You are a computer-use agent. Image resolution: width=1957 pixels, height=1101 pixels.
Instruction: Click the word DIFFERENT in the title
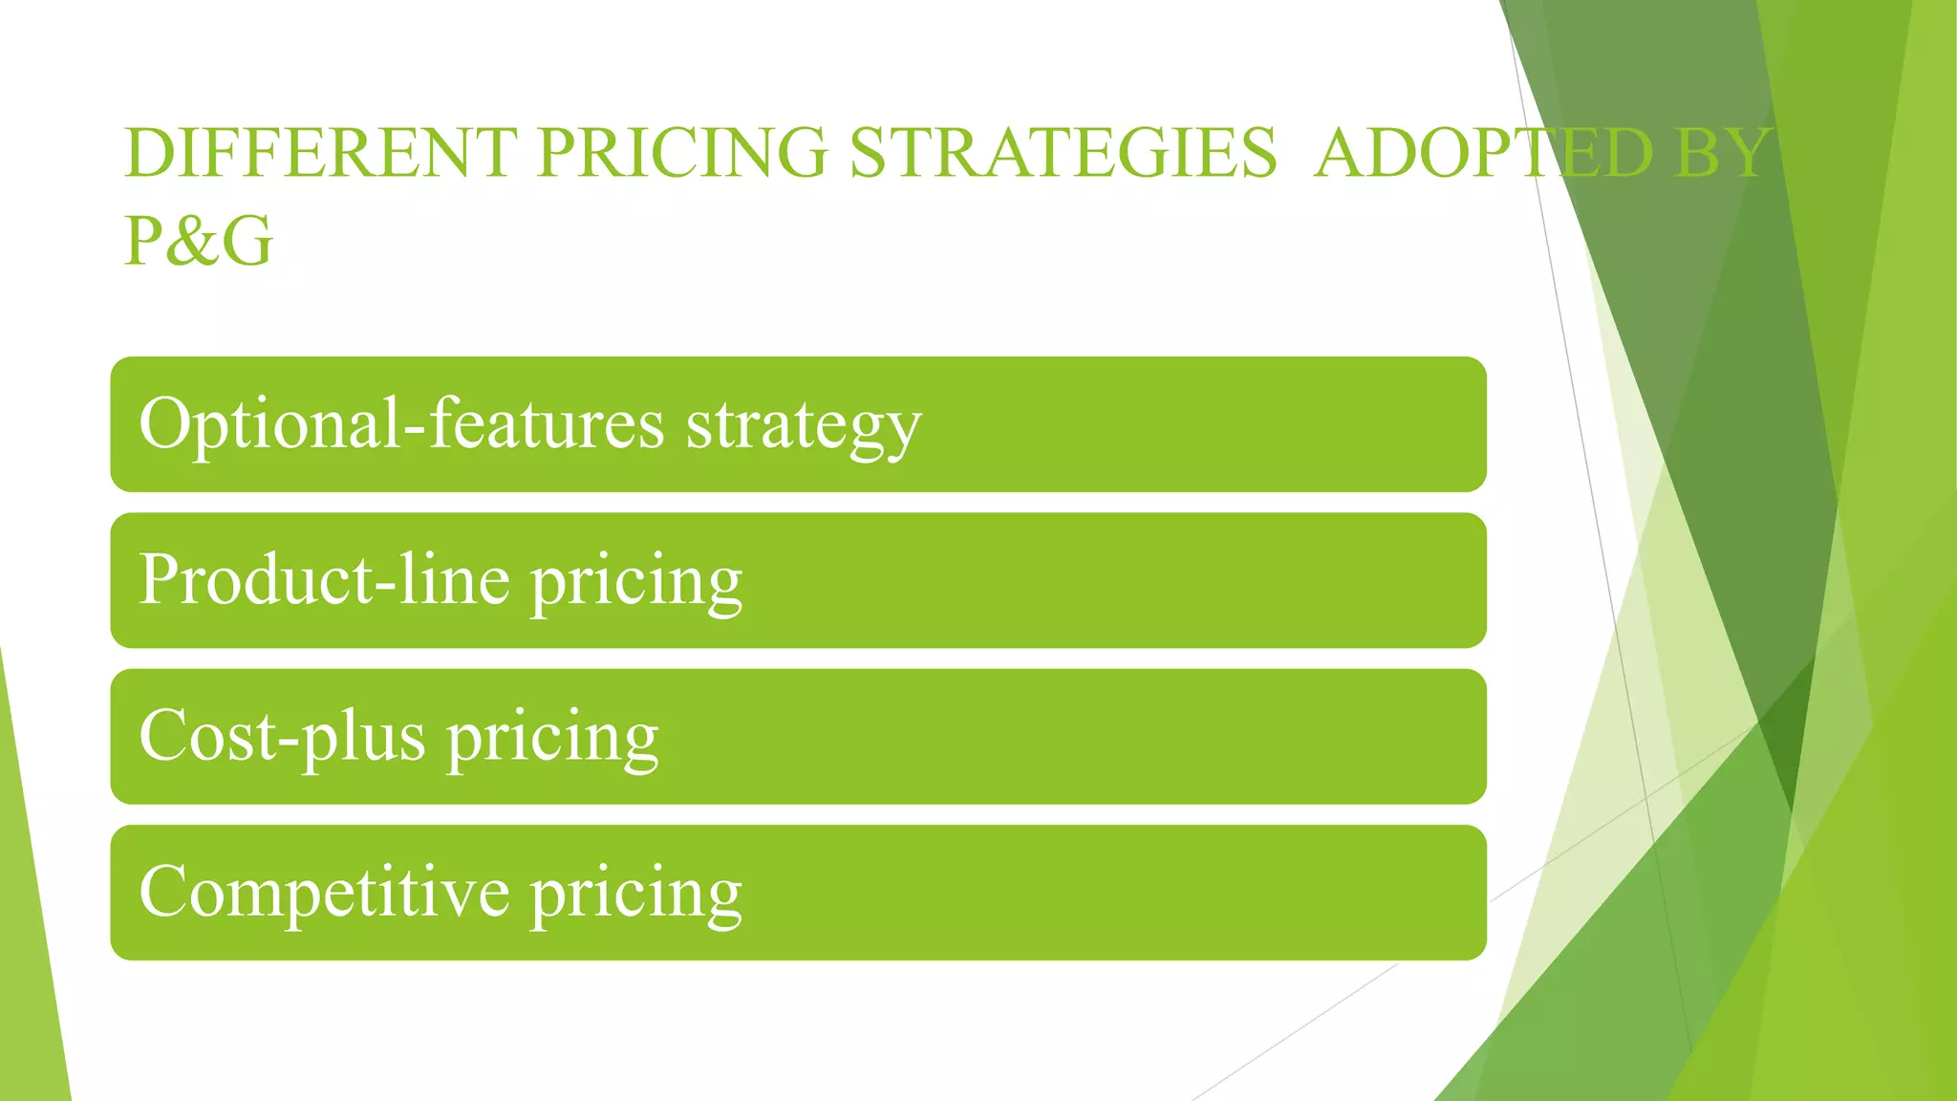pos(320,153)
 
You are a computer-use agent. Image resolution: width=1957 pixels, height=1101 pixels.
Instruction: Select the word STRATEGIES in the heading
pos(1063,153)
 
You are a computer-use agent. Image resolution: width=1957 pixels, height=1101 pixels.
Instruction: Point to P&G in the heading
pos(199,241)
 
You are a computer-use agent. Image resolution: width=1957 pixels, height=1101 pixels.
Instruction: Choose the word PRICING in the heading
pos(681,153)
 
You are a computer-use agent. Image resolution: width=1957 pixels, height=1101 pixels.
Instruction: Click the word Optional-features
pos(401,423)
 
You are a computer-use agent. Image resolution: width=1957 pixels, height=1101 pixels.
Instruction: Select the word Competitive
pos(325,893)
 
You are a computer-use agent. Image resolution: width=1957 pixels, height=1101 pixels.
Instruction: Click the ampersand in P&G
pos(198,241)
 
